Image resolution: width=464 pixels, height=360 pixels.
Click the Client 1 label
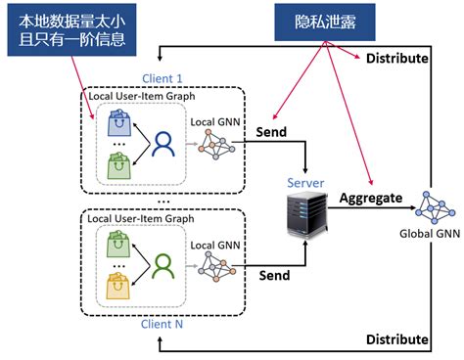[162, 79]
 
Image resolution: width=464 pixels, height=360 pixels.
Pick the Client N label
[162, 323]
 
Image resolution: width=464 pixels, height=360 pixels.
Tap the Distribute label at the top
[396, 59]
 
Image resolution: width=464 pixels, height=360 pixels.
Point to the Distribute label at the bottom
[396, 339]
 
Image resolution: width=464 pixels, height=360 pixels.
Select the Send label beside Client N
[273, 276]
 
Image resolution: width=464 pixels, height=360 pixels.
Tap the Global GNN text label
[429, 235]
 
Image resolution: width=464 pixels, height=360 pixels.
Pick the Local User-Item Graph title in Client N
[141, 219]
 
